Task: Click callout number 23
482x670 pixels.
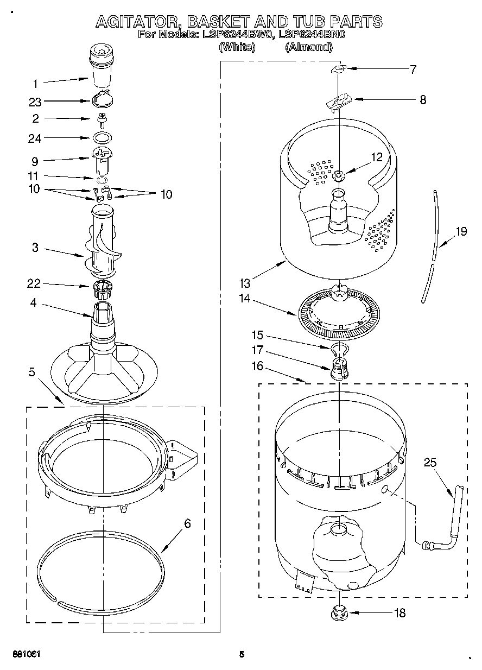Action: pos(35,102)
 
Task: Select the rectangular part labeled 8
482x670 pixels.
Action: pos(339,100)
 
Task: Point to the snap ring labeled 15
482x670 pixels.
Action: pos(338,347)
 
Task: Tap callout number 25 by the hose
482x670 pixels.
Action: pos(430,463)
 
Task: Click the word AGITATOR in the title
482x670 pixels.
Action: pos(138,22)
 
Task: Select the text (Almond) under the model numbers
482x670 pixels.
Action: pos(308,47)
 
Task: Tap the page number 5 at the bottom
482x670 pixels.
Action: pos(242,654)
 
